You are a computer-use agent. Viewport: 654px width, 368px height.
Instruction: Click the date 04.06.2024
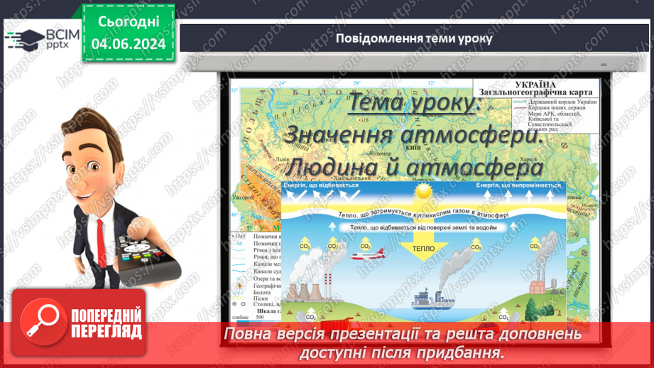[129, 44]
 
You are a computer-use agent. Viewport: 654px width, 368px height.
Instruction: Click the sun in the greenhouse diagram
[424, 192]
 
